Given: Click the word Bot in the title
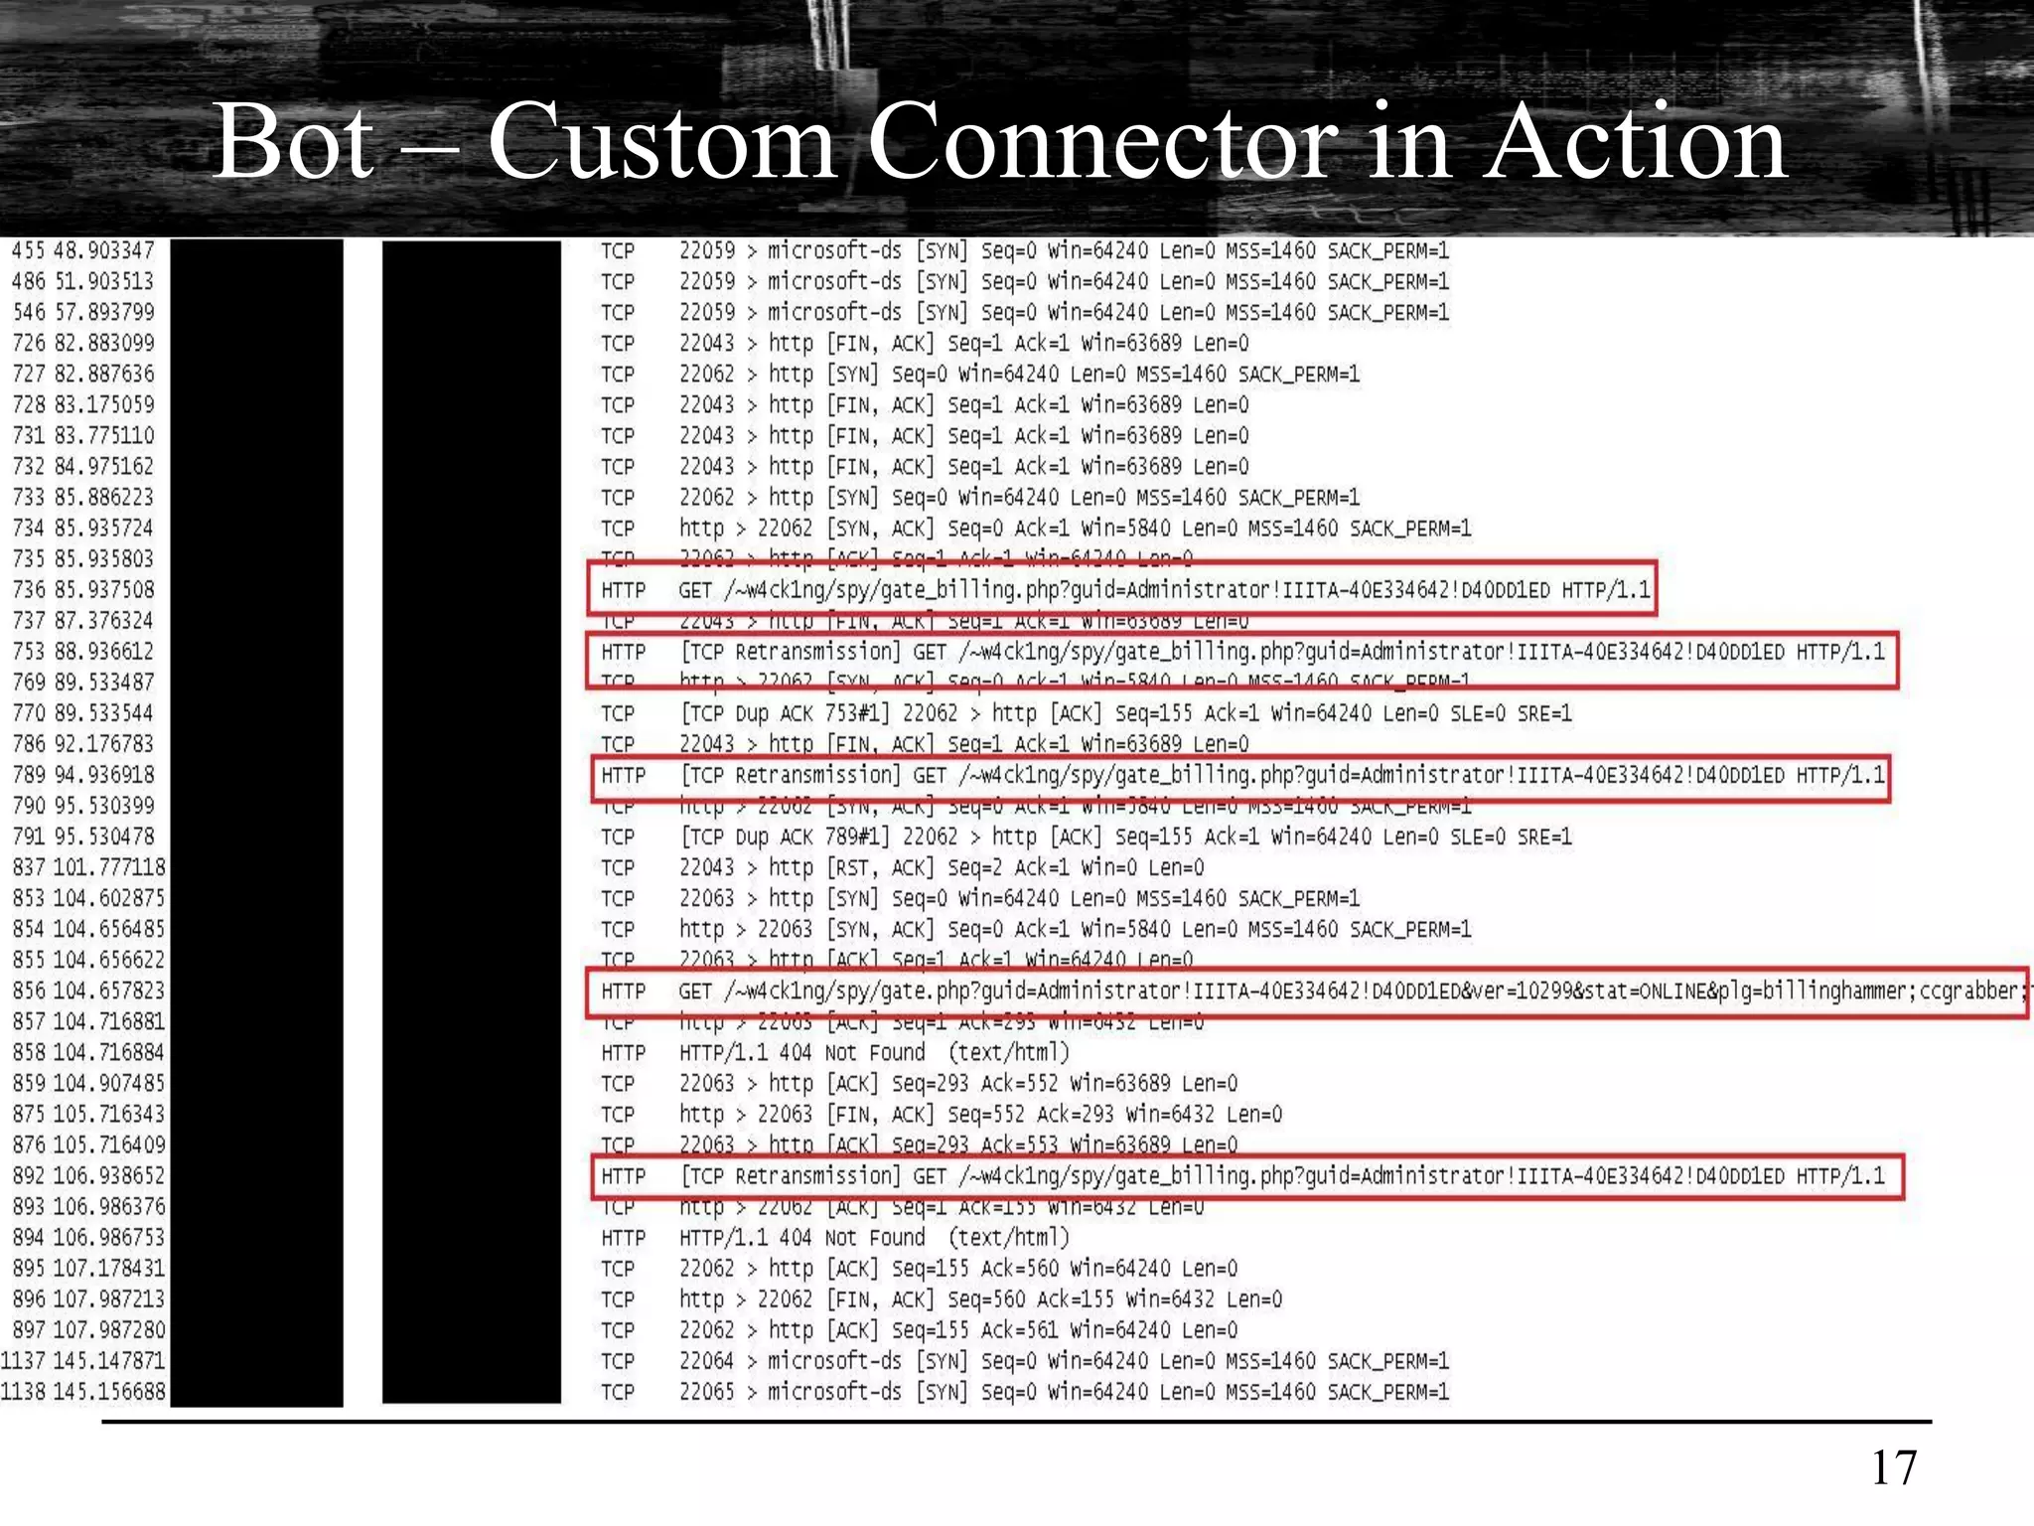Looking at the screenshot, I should (x=294, y=142).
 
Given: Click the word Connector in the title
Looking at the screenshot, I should (x=1101, y=142).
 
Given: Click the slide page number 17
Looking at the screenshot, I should (x=1893, y=1467).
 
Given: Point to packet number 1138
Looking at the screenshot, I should (x=23, y=1392).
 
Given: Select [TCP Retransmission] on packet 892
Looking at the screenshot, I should (x=791, y=1176).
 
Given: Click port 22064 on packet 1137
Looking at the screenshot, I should (x=706, y=1361).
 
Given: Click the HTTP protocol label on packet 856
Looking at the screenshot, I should (x=623, y=992).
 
